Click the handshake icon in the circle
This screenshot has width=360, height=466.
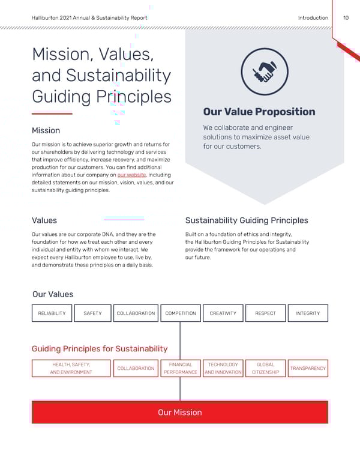pyautogui.click(x=265, y=71)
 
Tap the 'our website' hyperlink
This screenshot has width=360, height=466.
pyautogui.click(x=131, y=175)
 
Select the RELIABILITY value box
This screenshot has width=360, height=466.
pyautogui.click(x=52, y=313)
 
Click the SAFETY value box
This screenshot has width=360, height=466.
pyautogui.click(x=92, y=313)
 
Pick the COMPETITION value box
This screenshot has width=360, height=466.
pyautogui.click(x=181, y=313)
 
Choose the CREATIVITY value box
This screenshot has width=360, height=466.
pyautogui.click(x=223, y=313)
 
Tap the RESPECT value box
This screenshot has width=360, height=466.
pyautogui.click(x=266, y=313)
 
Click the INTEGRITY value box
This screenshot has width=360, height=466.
pyautogui.click(x=308, y=313)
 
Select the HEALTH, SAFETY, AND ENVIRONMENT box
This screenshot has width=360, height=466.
pyautogui.click(x=71, y=368)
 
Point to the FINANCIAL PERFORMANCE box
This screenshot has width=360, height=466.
pyautogui.click(x=181, y=368)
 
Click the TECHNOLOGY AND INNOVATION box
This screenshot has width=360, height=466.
pyautogui.click(x=223, y=368)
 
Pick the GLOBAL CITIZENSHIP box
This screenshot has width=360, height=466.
pyautogui.click(x=266, y=368)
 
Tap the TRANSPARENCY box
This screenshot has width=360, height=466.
pyautogui.click(x=308, y=368)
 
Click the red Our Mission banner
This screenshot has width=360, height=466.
pyautogui.click(x=179, y=413)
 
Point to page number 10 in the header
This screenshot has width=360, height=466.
pyautogui.click(x=346, y=18)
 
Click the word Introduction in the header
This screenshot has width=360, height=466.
pyautogui.click(x=313, y=18)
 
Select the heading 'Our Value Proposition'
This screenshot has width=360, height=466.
pyautogui.click(x=259, y=112)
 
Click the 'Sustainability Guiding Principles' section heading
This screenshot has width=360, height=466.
pyautogui.click(x=247, y=220)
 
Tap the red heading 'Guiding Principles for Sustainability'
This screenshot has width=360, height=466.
pyautogui.click(x=100, y=348)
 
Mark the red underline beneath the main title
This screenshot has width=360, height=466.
pyautogui.click(x=52, y=113)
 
